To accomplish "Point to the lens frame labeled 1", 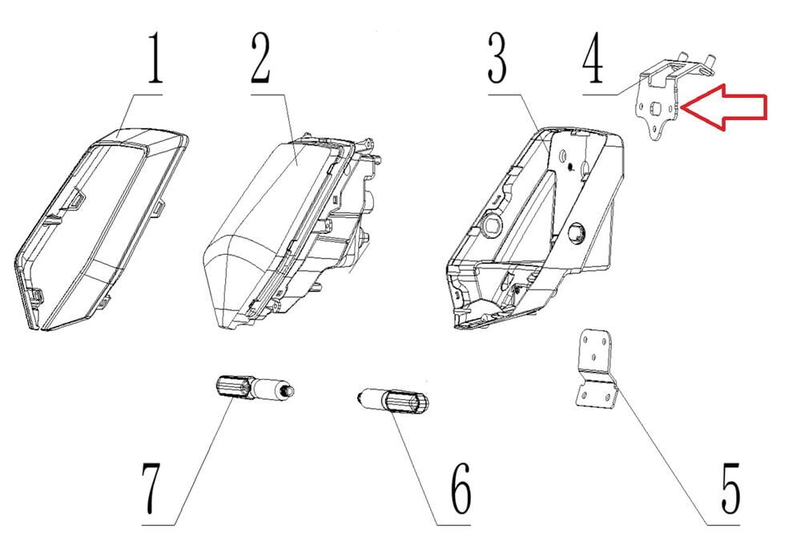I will click(100, 224).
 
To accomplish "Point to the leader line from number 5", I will click(665, 433).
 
